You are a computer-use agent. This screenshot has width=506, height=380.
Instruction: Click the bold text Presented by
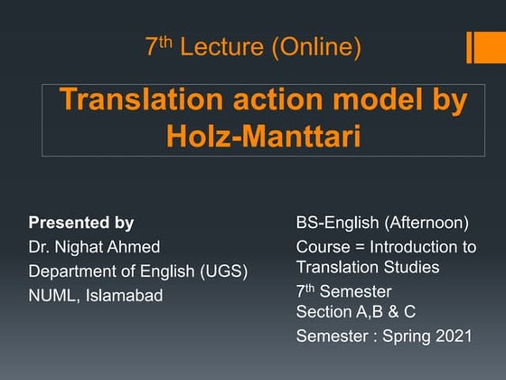click(x=81, y=223)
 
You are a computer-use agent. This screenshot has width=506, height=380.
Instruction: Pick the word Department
click(x=71, y=271)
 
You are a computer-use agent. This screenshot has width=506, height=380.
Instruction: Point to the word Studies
click(x=409, y=267)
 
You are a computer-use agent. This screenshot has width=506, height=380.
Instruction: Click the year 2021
click(x=453, y=336)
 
